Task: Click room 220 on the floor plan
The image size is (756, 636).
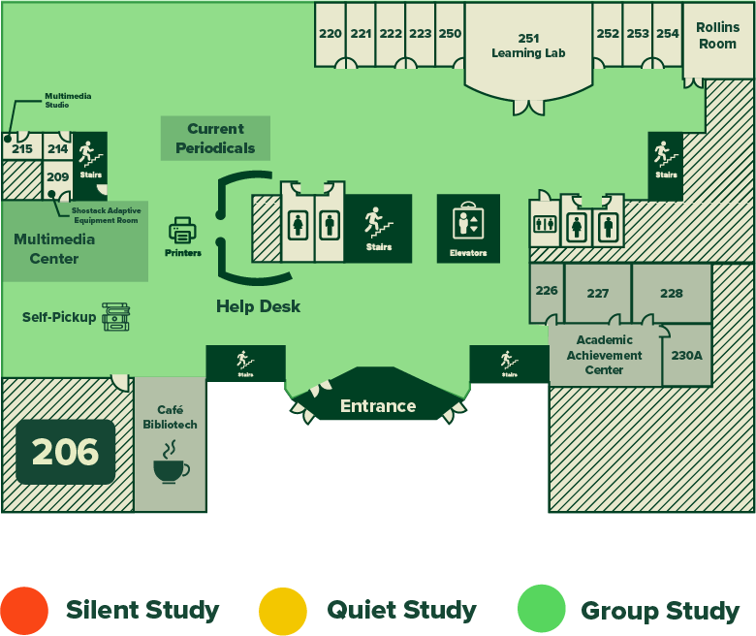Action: [331, 34]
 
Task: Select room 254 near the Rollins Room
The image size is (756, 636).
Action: [668, 34]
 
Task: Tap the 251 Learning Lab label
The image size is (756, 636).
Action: [528, 46]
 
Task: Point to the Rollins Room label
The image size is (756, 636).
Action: [717, 36]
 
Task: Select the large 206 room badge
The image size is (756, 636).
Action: [65, 452]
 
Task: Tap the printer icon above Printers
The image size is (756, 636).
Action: [182, 231]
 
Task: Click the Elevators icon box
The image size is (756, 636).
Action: [468, 228]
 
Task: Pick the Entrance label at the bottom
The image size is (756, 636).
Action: [378, 406]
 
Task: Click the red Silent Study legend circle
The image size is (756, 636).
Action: [24, 611]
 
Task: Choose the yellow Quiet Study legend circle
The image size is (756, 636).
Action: [283, 611]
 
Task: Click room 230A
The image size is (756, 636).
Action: [686, 356]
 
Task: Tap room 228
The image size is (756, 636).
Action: [671, 293]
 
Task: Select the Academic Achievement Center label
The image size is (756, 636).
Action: [605, 355]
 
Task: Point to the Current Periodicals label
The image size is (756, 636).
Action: [215, 139]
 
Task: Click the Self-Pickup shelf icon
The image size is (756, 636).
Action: [115, 317]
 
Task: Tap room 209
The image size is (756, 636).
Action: [58, 177]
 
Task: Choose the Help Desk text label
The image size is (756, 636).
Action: [258, 306]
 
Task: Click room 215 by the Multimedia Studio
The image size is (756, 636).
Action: [22, 148]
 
